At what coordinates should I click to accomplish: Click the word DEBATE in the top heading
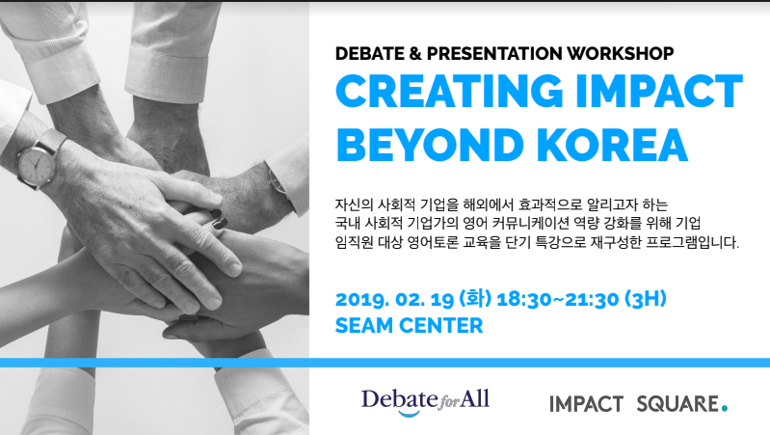(369, 53)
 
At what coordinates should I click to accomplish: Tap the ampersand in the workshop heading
(415, 53)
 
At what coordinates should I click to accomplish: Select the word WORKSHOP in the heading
(620, 53)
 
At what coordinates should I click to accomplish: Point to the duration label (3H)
(646, 299)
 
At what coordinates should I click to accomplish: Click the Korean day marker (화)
(475, 299)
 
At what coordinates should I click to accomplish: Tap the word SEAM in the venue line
(364, 325)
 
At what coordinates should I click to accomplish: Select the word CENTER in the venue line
(441, 325)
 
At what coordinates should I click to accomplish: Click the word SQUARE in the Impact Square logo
(677, 404)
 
